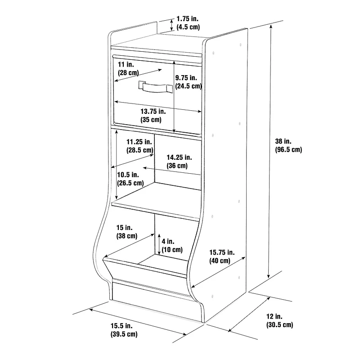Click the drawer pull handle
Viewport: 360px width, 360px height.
156,87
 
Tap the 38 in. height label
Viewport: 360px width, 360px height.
288,145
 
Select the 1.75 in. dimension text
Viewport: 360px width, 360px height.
188,23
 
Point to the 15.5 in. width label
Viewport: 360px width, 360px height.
124,330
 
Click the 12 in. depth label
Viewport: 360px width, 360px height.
279,320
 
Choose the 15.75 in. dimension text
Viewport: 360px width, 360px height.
222,256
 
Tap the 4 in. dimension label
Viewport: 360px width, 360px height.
172,245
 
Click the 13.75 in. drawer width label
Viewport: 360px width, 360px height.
153,116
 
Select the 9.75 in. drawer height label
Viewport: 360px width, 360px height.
189,82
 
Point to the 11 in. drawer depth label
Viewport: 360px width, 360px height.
128,68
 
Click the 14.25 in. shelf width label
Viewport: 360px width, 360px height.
179,162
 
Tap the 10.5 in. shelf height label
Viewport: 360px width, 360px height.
130,179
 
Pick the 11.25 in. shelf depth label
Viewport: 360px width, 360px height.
140,146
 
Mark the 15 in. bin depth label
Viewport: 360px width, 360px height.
127,232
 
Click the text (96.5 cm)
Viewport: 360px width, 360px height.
288,149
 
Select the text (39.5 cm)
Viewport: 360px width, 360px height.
124,334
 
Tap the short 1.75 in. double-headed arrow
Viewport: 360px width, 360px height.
171,25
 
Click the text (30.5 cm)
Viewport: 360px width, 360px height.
279,325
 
